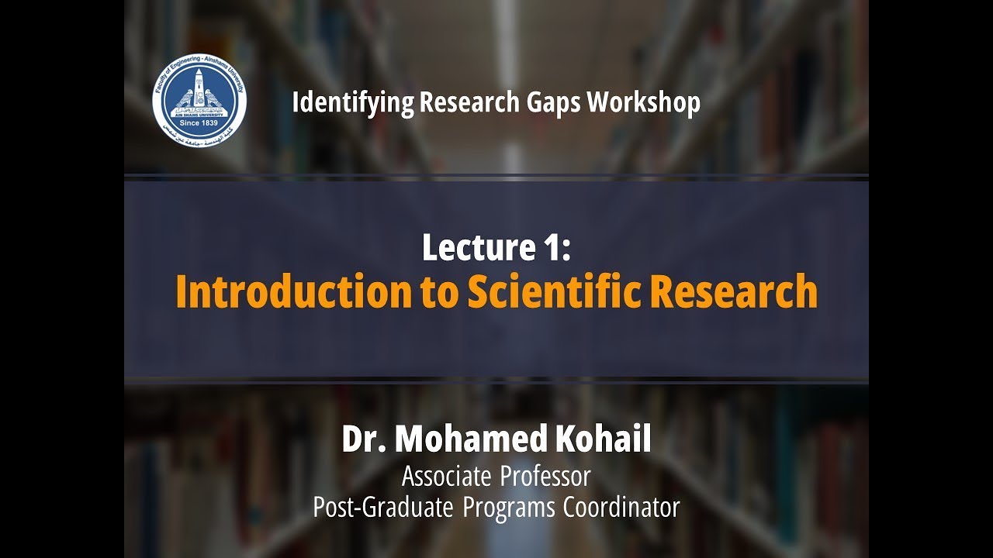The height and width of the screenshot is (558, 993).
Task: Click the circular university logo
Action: point(199,102)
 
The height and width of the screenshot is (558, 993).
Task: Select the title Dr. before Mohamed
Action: point(364,440)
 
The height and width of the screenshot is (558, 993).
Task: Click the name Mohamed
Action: point(472,440)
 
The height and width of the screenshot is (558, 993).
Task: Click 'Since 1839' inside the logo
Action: point(199,122)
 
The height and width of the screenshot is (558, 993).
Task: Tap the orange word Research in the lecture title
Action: point(732,292)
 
